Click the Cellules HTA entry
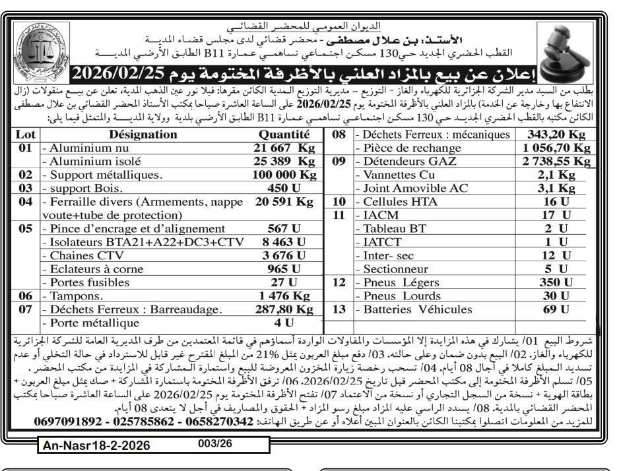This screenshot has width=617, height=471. point(393,203)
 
